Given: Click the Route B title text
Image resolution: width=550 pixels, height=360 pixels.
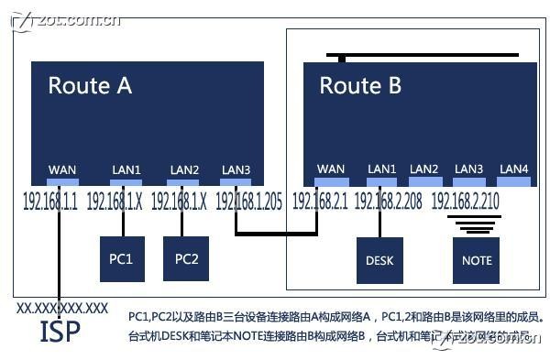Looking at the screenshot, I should point(360,86).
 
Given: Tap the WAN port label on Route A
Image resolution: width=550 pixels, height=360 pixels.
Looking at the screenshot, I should point(62,169).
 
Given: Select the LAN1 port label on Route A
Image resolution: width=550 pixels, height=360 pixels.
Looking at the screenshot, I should point(126,169).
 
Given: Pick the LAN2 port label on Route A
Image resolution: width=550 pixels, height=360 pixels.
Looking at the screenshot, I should point(184,169).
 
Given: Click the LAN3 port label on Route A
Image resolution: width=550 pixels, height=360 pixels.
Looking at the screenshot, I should point(236,169).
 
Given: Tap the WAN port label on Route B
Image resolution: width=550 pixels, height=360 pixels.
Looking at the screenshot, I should point(330,169).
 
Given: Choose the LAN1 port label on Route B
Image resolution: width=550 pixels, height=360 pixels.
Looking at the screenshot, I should point(381,169).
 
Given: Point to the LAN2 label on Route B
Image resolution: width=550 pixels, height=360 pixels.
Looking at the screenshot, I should point(424,169).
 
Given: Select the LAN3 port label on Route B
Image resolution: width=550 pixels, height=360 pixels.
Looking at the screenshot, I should point(468,169).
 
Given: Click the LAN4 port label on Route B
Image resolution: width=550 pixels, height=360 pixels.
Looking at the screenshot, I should point(513,169).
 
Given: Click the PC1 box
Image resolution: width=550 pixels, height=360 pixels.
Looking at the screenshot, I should point(122,259).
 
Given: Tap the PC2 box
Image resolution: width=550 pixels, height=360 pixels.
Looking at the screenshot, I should point(186,258).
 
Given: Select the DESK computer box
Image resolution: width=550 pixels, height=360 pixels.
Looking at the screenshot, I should point(379,260).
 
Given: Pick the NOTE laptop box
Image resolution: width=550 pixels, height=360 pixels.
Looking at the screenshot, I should point(477,260).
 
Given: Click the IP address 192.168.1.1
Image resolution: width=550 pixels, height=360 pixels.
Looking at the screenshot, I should point(50,201).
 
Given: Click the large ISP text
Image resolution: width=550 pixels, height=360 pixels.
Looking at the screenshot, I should point(60,332).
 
